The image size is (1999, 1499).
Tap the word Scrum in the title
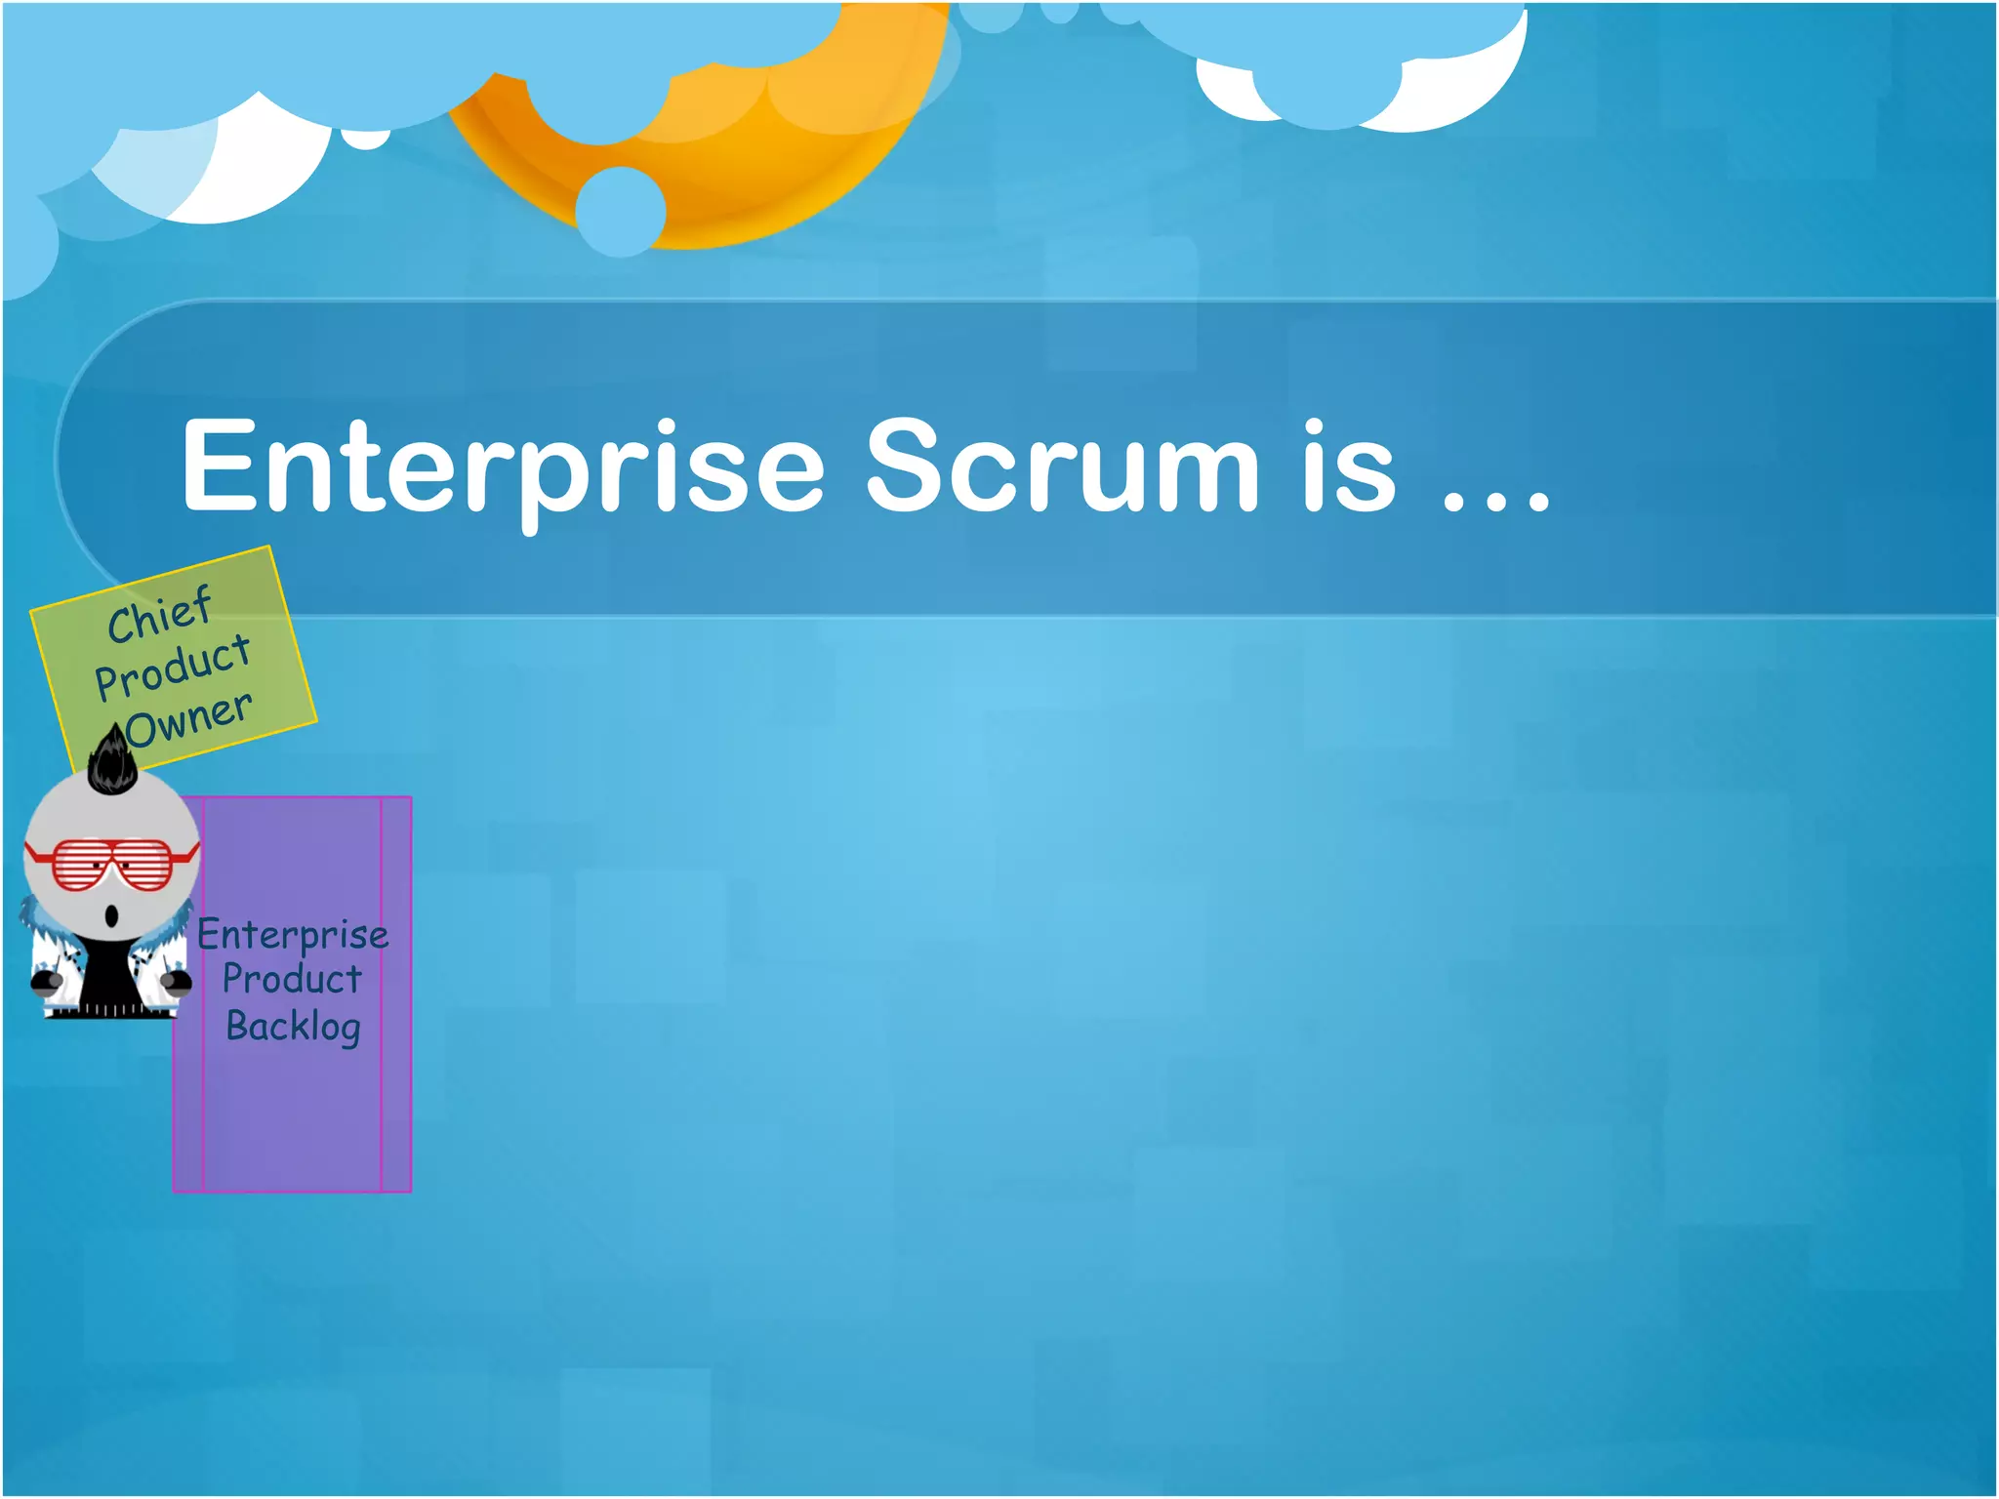pos(1062,466)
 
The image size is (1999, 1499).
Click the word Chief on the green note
pos(159,615)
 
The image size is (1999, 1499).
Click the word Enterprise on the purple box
pos(293,935)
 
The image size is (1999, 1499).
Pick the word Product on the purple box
pos(292,979)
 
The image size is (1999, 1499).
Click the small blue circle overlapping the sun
pos(620,211)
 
